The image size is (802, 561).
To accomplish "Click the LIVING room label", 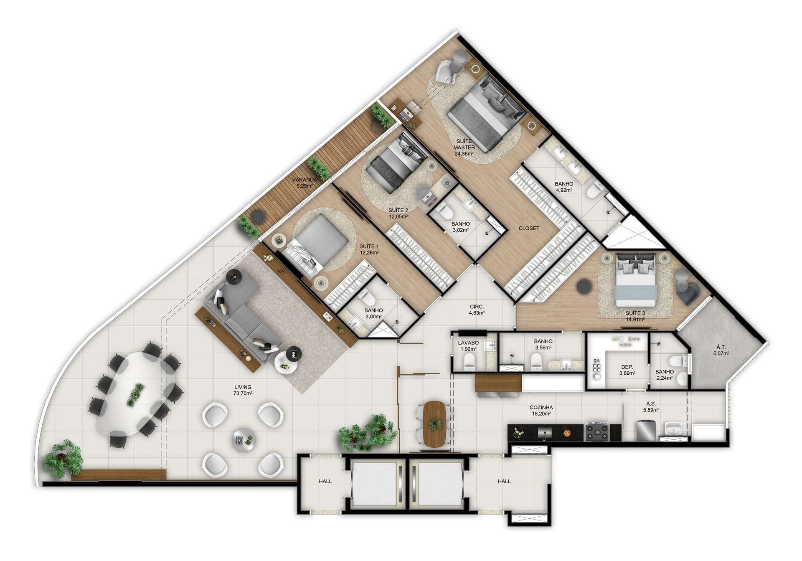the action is click(x=243, y=387).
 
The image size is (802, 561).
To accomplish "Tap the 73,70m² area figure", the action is click(x=243, y=393).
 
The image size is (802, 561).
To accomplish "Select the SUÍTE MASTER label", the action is click(x=464, y=144).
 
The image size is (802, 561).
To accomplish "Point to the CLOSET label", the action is click(x=529, y=228).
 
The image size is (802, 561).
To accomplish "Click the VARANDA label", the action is click(x=305, y=180).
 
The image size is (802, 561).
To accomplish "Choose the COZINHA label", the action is click(x=541, y=407).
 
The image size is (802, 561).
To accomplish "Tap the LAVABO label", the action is click(x=468, y=343).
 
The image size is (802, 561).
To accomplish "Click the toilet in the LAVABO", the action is click(x=470, y=362).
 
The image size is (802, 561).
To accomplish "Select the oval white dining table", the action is click(x=137, y=393).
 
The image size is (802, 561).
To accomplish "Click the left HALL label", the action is click(x=325, y=482).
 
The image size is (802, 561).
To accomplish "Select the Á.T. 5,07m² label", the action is click(x=721, y=350).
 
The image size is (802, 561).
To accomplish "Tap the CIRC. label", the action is click(x=477, y=307).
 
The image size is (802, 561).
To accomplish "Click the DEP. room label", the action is click(x=627, y=367).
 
